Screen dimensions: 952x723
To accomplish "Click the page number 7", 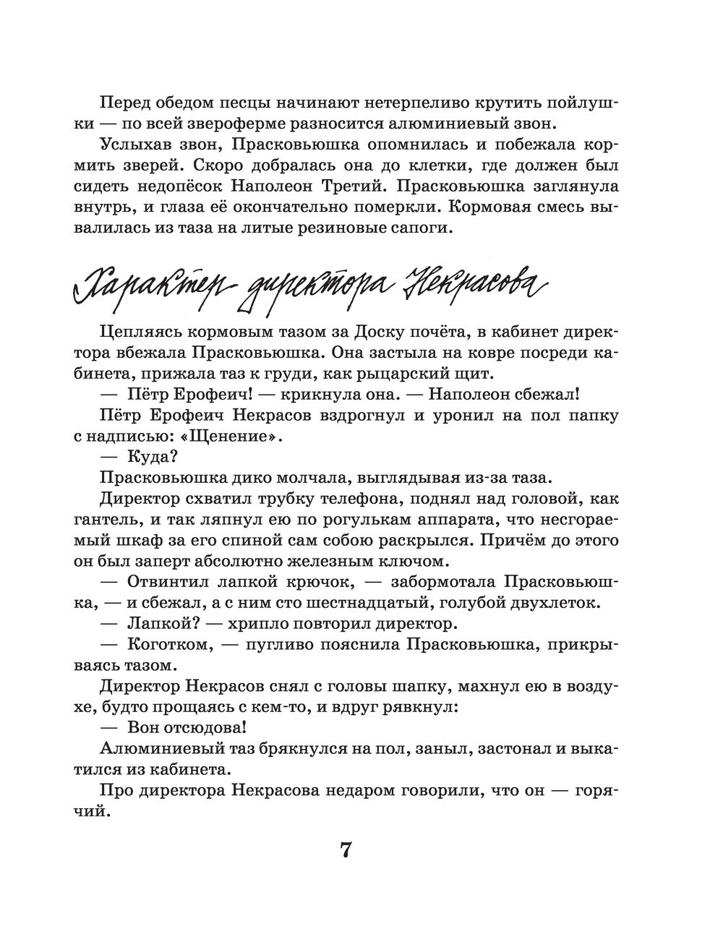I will pyautogui.click(x=345, y=850).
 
